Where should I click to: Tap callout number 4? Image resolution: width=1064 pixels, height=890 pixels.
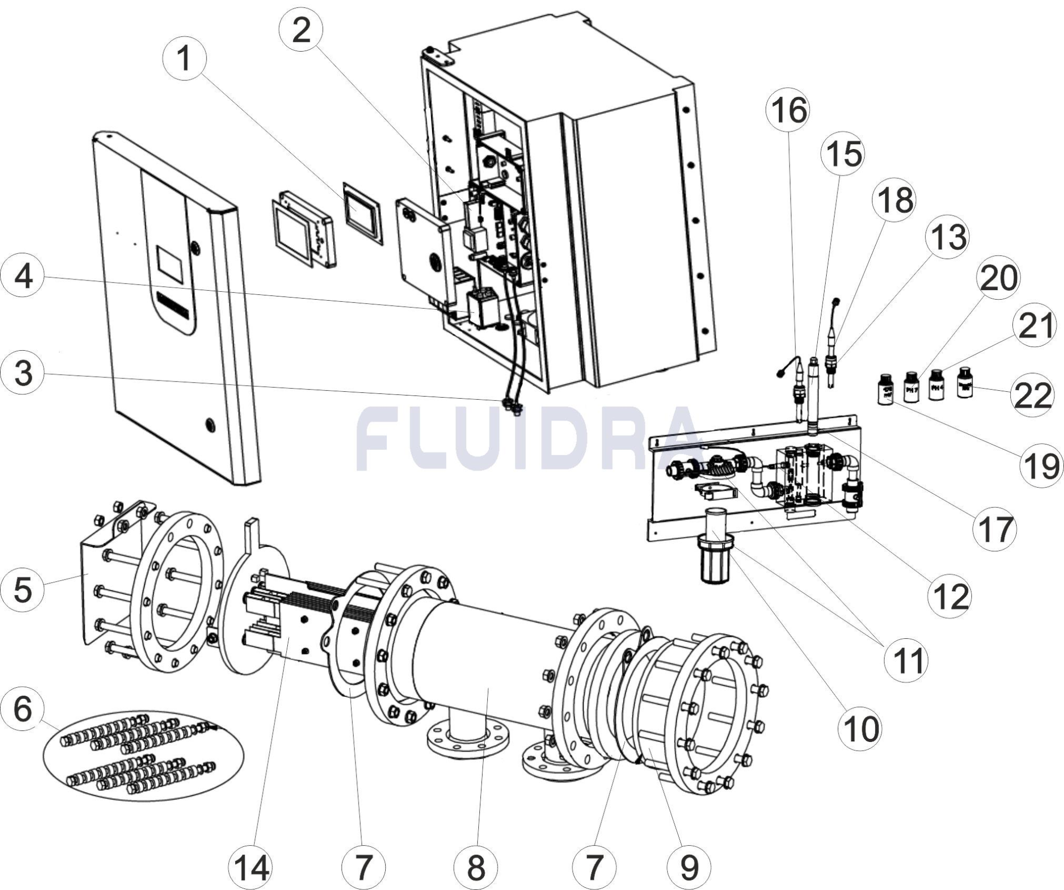coord(23,277)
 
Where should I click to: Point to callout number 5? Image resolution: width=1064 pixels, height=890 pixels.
coord(23,589)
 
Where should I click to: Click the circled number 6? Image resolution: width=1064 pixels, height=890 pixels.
coord(23,709)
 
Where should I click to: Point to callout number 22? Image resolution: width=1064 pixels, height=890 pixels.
coord(1033,395)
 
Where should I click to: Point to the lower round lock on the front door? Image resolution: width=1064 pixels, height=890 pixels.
coord(211,424)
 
